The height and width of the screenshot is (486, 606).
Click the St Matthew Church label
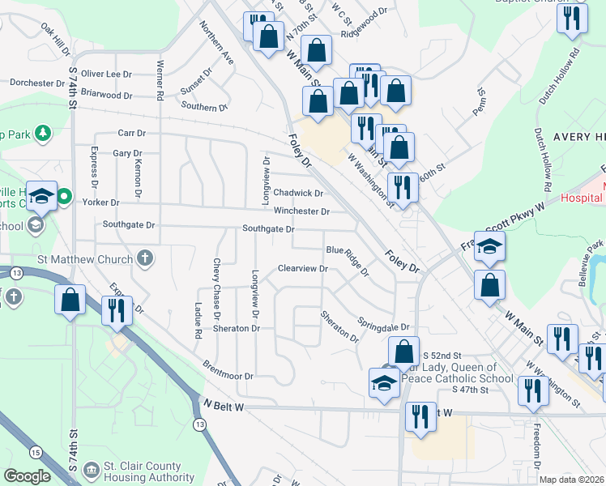tap(84, 260)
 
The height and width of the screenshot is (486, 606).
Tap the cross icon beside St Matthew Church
tap(144, 259)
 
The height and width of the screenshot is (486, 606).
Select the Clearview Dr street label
tap(301, 268)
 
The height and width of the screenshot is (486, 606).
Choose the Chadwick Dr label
tap(298, 193)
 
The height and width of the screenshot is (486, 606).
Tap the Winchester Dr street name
tap(301, 211)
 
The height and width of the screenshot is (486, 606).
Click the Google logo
tap(26, 475)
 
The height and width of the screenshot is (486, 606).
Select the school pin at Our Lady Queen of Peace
tap(384, 382)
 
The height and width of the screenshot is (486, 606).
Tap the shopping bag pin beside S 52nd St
tap(403, 352)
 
